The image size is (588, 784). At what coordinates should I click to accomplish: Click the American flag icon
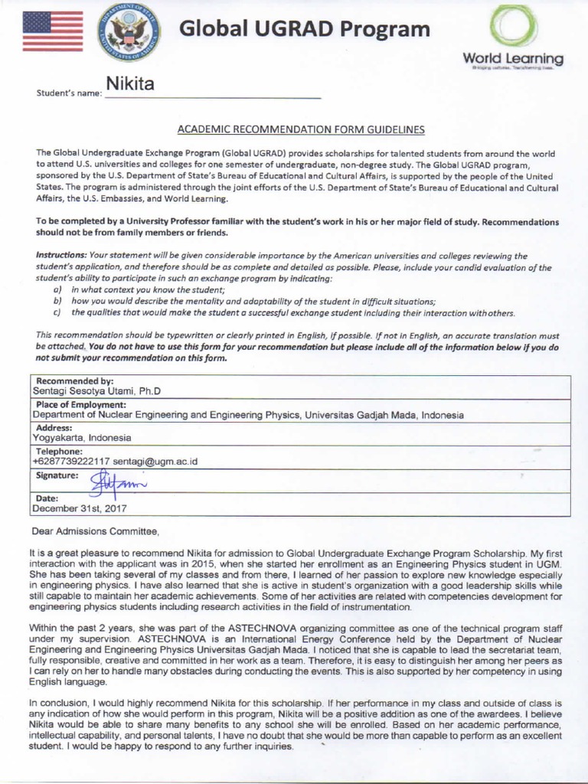53,31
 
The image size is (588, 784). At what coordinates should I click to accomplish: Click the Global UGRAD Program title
305,30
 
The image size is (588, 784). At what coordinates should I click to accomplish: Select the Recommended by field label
74,381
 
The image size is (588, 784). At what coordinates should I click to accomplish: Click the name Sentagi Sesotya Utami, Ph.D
96,391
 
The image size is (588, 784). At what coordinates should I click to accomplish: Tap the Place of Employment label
80,404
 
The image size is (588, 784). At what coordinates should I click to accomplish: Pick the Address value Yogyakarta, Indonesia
82,438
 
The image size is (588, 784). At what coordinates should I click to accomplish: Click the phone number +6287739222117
73,462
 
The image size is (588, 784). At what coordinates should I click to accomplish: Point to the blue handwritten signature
111,482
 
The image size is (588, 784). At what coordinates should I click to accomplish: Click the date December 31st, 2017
79,507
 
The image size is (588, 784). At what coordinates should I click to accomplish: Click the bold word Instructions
62,254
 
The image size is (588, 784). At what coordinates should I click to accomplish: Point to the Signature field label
57,475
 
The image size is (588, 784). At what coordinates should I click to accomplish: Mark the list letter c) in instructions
57,312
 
